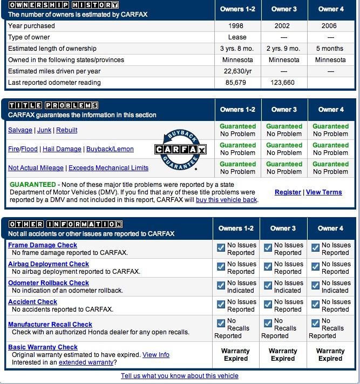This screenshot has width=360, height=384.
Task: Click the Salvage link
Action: point(20,130)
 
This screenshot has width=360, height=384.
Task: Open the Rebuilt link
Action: point(66,130)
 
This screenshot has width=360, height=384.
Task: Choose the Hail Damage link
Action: point(63,149)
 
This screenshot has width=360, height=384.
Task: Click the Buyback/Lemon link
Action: point(110,149)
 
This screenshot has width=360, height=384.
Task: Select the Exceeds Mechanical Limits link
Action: point(108,168)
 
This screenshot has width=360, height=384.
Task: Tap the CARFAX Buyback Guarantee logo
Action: point(180,150)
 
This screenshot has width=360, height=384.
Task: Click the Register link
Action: point(288,192)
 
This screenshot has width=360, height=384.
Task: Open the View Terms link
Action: point(324,192)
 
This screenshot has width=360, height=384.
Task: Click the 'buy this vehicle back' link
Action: point(227,199)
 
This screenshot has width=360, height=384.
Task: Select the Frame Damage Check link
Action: point(43,245)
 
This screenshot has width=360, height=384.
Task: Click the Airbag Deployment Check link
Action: point(49,264)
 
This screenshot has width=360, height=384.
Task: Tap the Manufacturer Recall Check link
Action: point(50,325)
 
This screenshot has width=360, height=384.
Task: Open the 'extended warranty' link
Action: point(81,362)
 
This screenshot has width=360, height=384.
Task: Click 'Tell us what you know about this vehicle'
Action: point(179,376)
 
